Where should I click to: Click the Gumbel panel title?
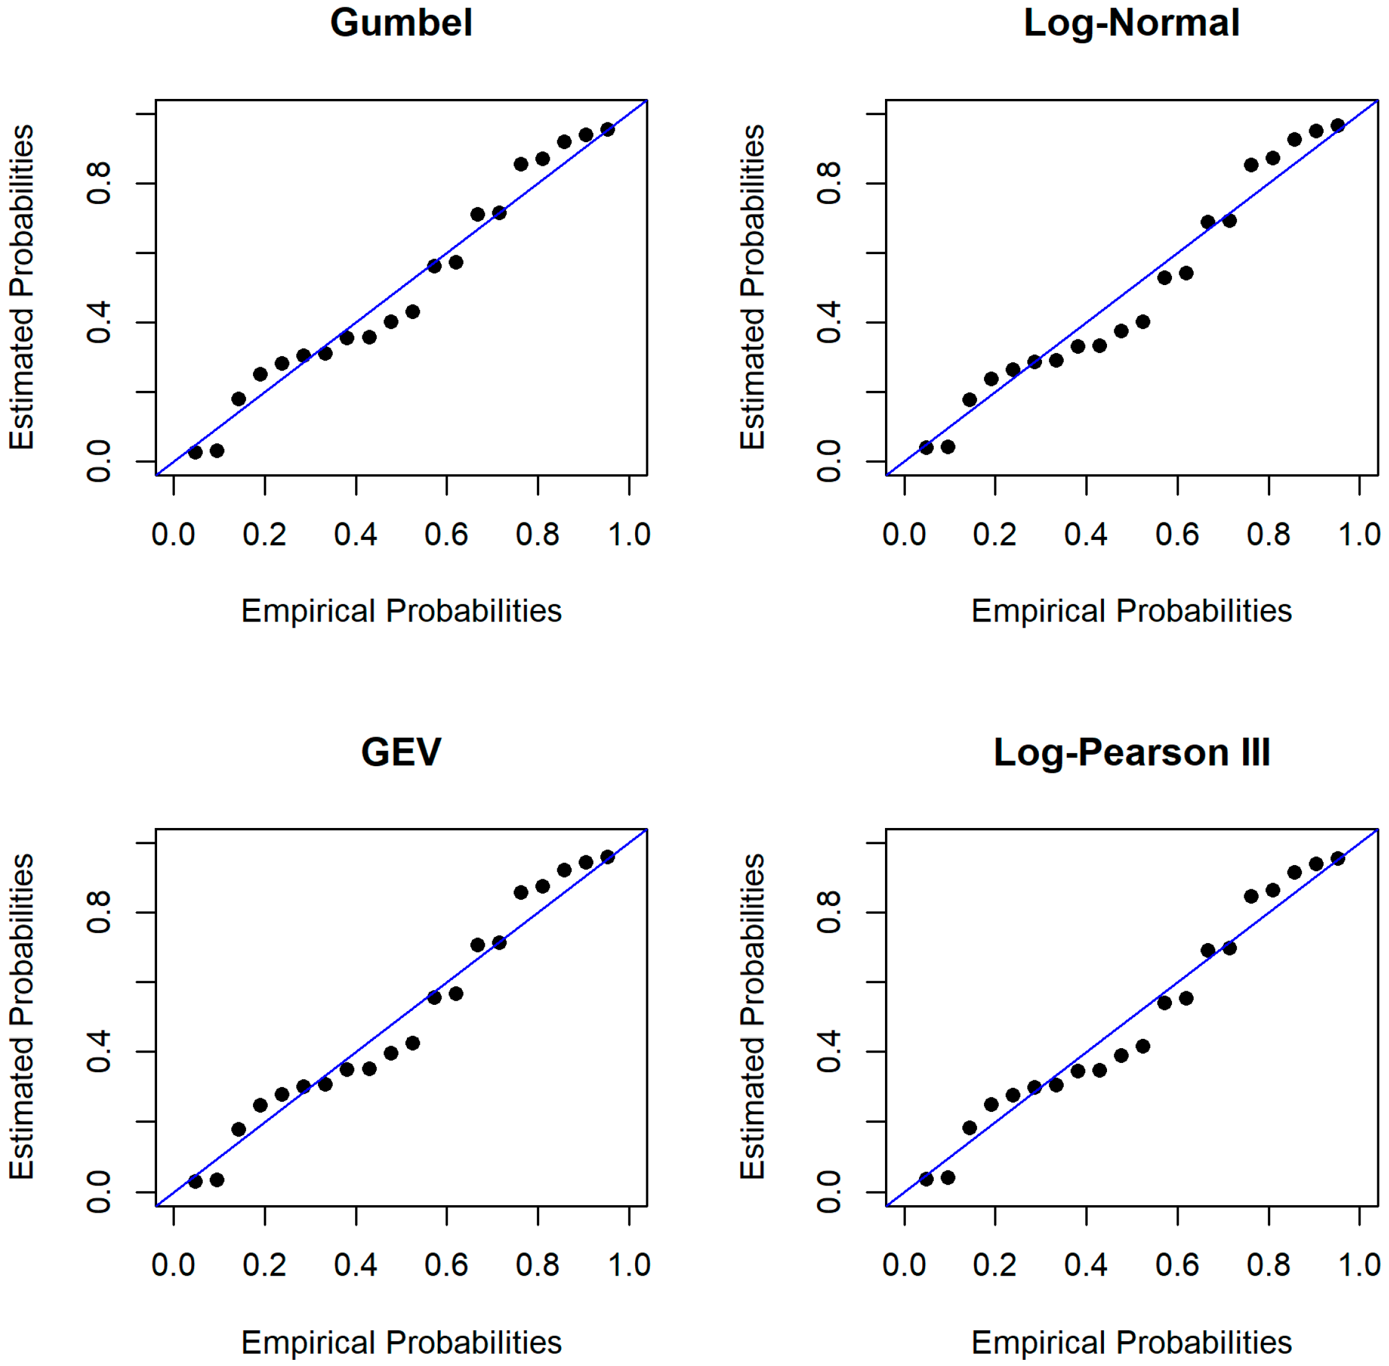(401, 22)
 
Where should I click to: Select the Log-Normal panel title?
(1132, 23)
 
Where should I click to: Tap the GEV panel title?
(401, 752)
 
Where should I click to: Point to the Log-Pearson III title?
(1132, 753)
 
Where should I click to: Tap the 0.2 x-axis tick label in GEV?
(264, 1264)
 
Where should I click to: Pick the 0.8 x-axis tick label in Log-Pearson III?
(1268, 1264)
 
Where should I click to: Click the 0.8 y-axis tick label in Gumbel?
(98, 184)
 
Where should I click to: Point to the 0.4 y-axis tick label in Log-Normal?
(829, 323)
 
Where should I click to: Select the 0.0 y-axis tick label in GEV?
(98, 1192)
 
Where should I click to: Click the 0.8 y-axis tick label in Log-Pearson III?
(829, 913)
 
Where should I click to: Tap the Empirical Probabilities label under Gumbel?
(401, 611)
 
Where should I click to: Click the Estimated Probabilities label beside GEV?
(22, 1017)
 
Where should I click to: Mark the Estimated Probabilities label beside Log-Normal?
(752, 287)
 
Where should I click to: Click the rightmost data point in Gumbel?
(608, 129)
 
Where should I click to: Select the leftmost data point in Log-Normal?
(926, 448)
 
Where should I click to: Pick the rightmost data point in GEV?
(608, 856)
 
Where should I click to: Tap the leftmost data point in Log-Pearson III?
(926, 1179)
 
